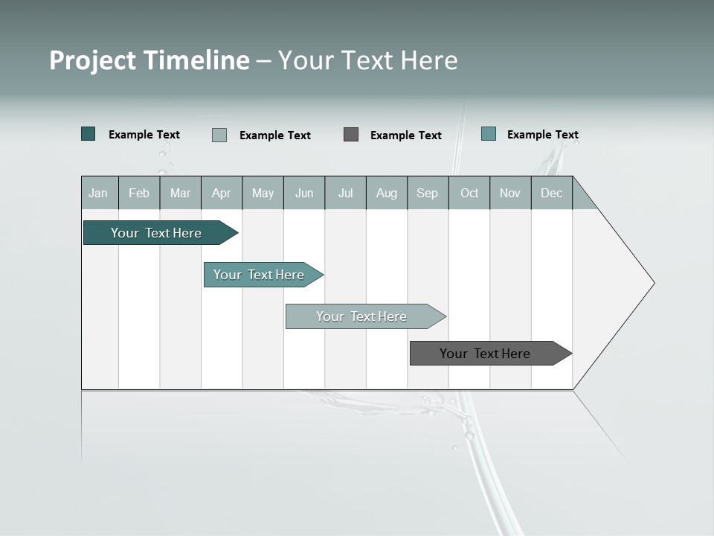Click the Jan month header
[x=98, y=194]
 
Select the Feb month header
[x=139, y=194]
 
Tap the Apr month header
[x=221, y=194]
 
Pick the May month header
[x=263, y=194]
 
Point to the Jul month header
[x=345, y=194]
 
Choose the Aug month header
[x=387, y=194]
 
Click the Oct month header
[x=469, y=194]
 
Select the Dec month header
[x=552, y=194]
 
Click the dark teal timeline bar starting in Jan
[x=156, y=233]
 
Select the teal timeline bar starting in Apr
[x=259, y=275]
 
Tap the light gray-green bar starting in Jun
[x=361, y=316]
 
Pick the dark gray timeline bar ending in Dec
[x=485, y=354]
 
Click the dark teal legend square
[x=89, y=134]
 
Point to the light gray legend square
[x=219, y=135]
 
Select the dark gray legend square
[x=351, y=135]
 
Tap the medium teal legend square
[x=489, y=134]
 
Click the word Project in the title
[x=93, y=60]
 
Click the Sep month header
[x=428, y=194]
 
